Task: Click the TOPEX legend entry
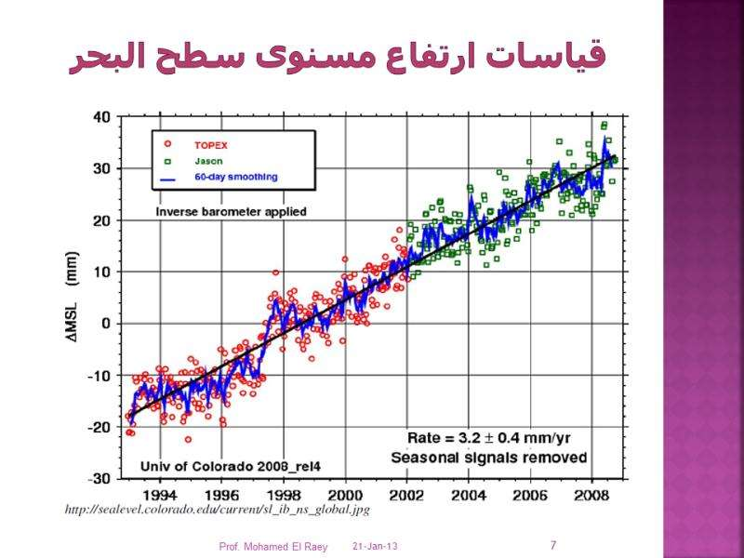coord(209,145)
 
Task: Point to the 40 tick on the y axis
coord(100,117)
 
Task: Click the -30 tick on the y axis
coord(99,478)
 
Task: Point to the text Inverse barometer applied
coord(231,212)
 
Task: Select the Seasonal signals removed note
coord(488,457)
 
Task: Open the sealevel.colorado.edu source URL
coord(218,510)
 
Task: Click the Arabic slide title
coord(338,57)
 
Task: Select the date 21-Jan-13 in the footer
coord(375,546)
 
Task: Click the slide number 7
coord(553,545)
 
